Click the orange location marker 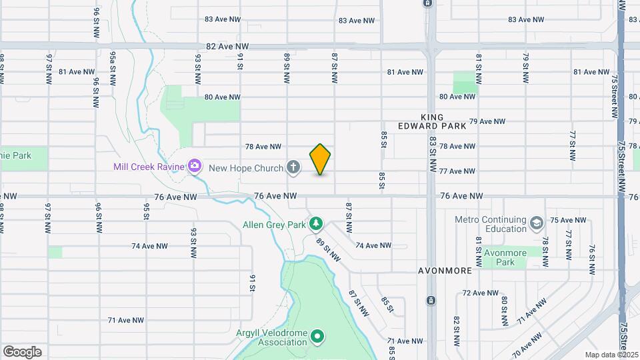tap(320, 159)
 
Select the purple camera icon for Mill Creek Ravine tap(195, 165)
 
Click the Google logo tap(22, 352)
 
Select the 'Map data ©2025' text tap(611, 355)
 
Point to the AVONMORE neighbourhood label tap(445, 271)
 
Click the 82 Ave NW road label tap(227, 47)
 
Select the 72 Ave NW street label tap(480, 293)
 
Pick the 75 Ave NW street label tap(567, 220)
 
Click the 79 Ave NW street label tap(487, 121)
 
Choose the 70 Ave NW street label tap(527, 343)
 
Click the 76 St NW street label tap(591, 259)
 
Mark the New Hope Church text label tap(246, 168)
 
